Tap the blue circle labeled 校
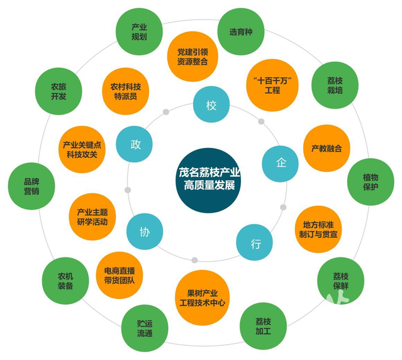(211, 105)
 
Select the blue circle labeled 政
(135, 144)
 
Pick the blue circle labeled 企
(280, 163)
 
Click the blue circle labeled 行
(255, 244)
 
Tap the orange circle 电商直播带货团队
(119, 275)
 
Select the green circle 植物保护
(371, 182)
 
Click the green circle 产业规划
(139, 31)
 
